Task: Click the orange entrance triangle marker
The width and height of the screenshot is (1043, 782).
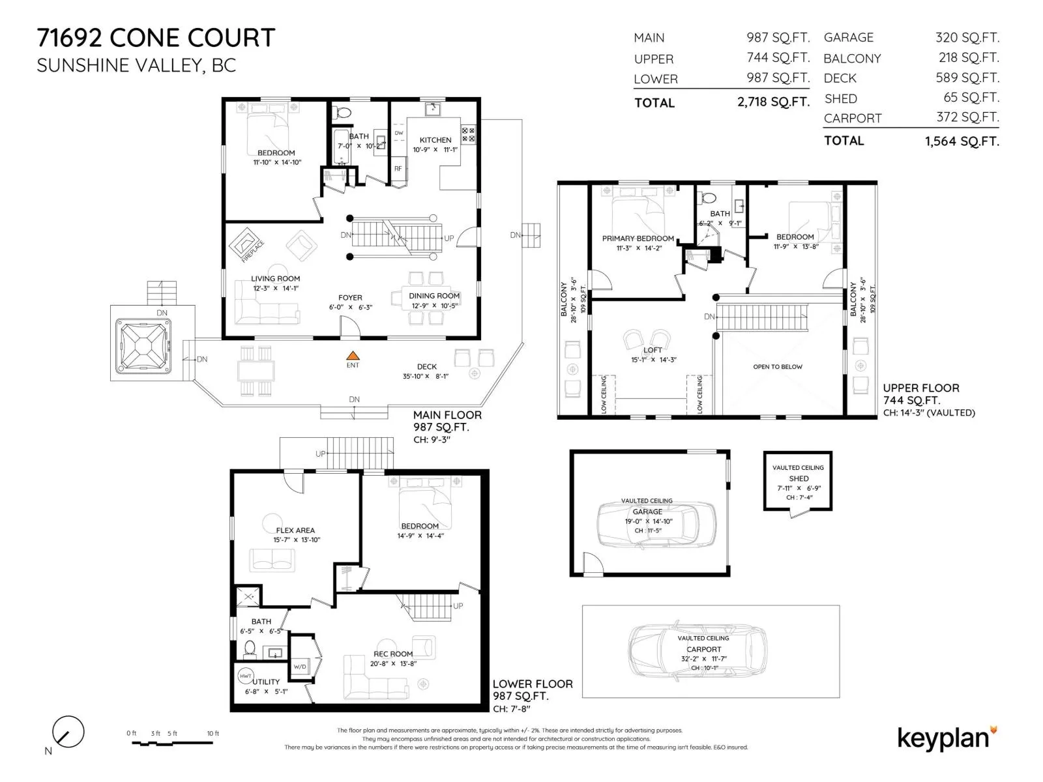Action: coord(352,355)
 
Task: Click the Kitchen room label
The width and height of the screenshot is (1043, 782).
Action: coord(435,140)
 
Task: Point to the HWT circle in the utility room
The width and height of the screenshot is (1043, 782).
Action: coord(246,676)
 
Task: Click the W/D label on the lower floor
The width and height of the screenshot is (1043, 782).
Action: coord(300,667)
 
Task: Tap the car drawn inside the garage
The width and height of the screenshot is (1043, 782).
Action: coord(656,525)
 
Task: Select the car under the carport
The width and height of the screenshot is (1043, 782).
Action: coord(697,652)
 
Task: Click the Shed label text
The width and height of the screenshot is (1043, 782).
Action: coord(799,478)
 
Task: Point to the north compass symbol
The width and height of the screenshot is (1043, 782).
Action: coord(68,732)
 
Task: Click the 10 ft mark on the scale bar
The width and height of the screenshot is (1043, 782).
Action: coord(213,734)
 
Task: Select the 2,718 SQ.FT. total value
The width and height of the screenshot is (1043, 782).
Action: coord(773,102)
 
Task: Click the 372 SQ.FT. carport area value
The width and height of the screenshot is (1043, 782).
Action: coord(967,117)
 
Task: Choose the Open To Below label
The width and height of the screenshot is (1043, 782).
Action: coord(778,366)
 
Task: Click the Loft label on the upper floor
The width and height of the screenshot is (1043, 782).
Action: coord(653,350)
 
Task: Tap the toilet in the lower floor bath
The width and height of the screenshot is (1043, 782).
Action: coord(250,648)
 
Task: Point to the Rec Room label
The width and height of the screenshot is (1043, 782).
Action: coord(393,654)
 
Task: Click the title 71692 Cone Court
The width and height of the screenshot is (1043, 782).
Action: coord(156,38)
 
